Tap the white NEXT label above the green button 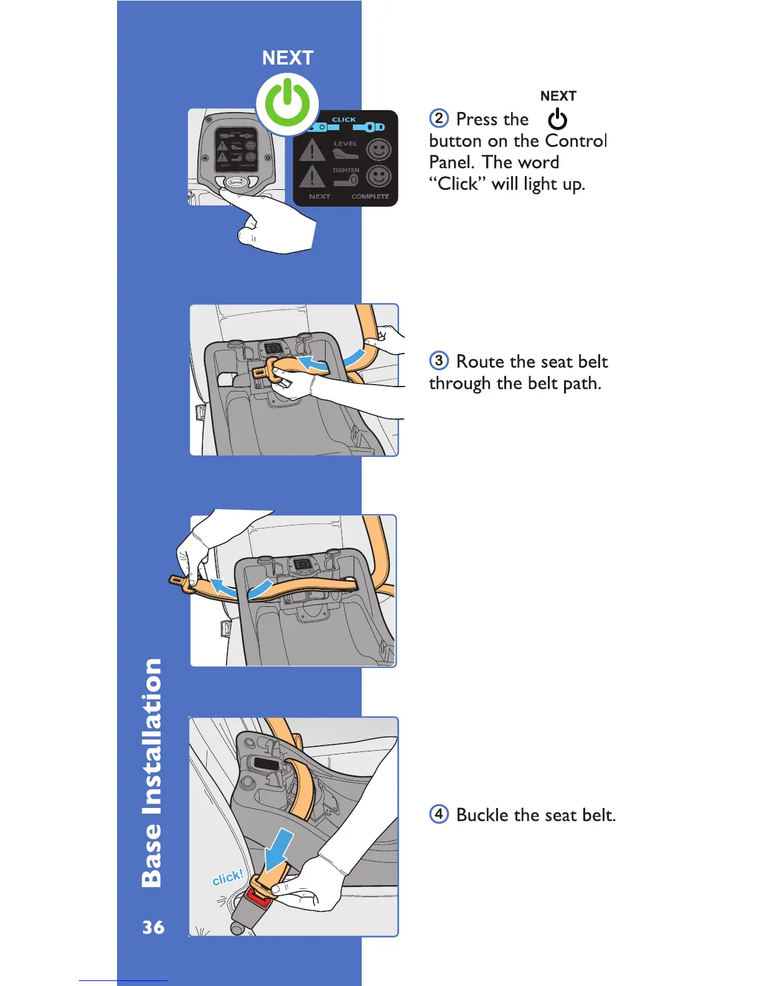(x=288, y=58)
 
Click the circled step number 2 (x=439, y=118)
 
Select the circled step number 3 (x=439, y=360)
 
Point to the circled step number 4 (x=439, y=814)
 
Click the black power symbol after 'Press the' (x=557, y=119)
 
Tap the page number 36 (x=153, y=927)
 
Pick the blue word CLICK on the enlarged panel (x=344, y=120)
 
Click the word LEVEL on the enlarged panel (x=346, y=144)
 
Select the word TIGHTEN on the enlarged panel (x=346, y=170)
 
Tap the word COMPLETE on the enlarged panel (x=370, y=197)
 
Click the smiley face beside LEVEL (x=379, y=150)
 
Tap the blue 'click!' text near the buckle (x=227, y=878)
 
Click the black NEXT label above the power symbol (x=558, y=96)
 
